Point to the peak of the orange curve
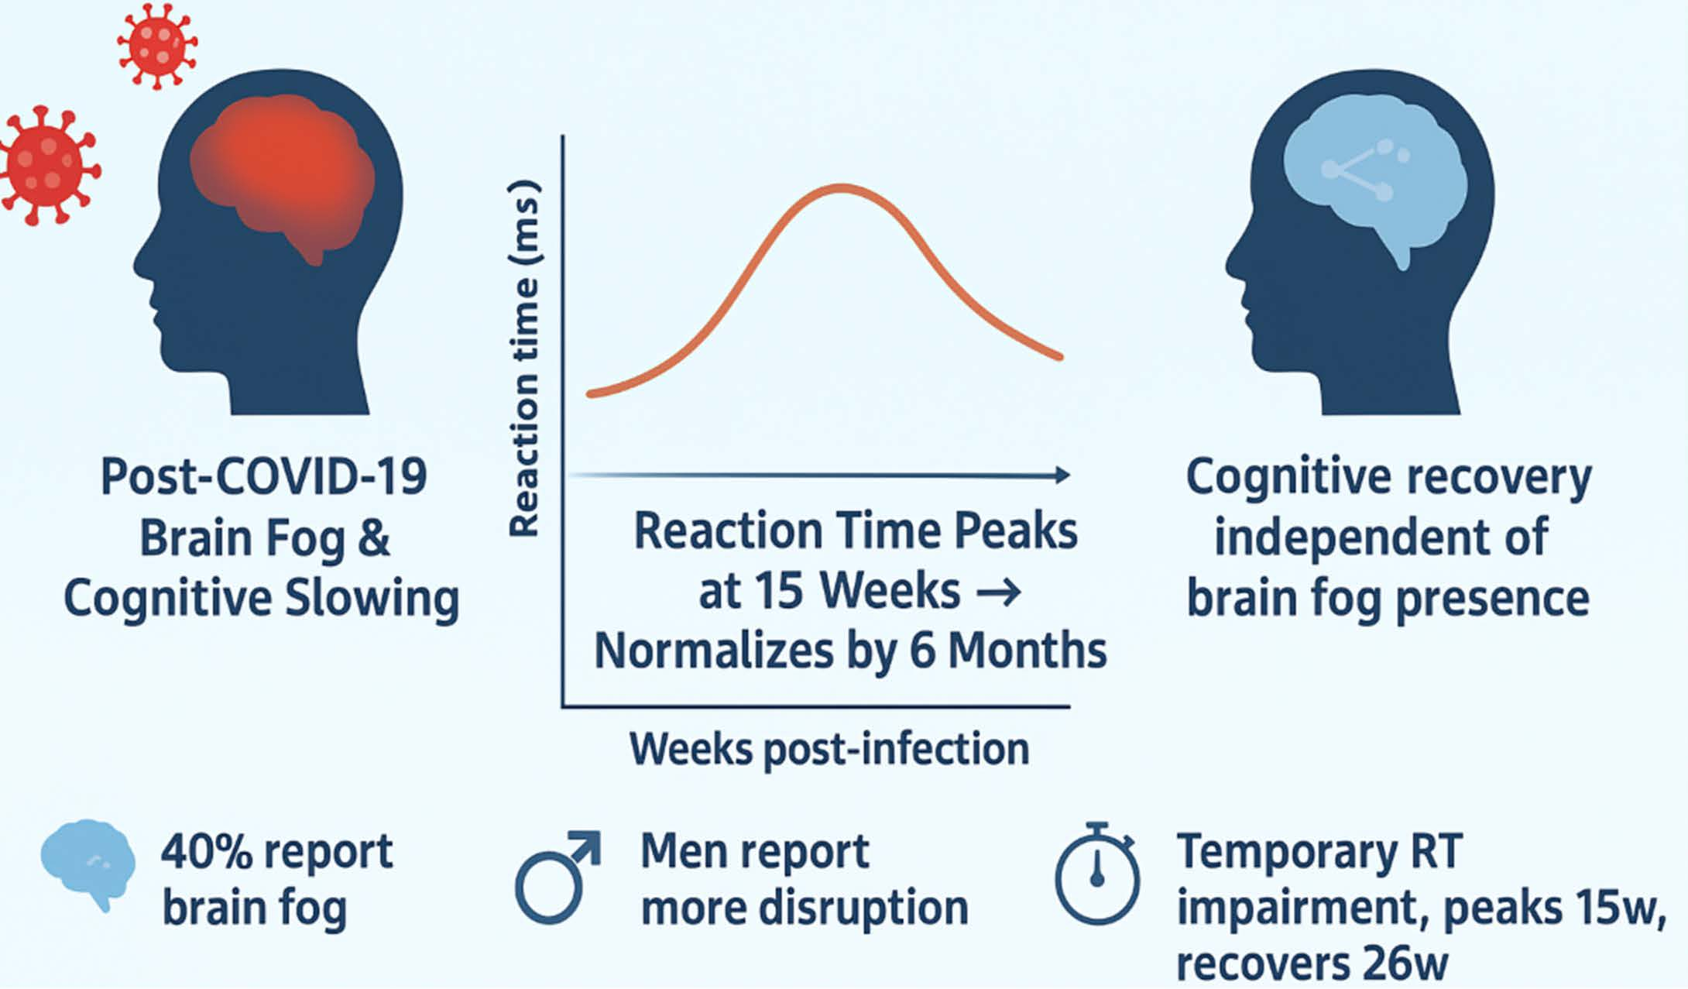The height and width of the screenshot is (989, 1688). tap(842, 187)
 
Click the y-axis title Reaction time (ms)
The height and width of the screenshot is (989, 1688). tap(524, 358)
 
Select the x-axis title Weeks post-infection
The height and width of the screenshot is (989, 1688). tap(829, 749)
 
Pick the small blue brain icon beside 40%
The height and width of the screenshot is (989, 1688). tap(87, 863)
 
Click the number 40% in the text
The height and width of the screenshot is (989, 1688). tap(206, 852)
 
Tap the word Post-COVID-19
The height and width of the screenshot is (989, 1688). tap(263, 476)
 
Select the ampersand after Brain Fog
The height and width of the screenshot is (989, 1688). tap(374, 537)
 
